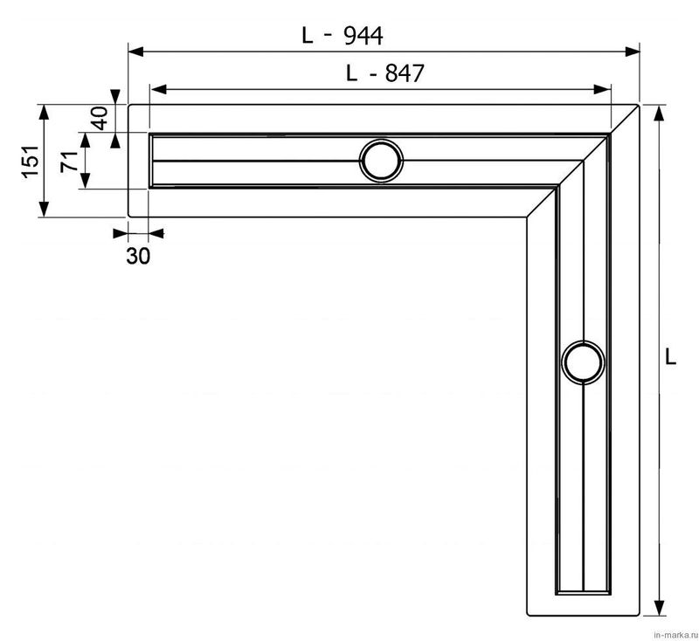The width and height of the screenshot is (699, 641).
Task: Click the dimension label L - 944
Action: coord(342,36)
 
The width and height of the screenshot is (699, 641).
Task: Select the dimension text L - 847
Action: coord(384,73)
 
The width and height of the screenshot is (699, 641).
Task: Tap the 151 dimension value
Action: coord(31,161)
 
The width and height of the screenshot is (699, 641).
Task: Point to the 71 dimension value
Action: coord(69,162)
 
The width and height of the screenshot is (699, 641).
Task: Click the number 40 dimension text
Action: coord(100,118)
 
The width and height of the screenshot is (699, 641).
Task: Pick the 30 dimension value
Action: coord(138,256)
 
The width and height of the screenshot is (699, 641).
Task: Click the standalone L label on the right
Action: coord(670,357)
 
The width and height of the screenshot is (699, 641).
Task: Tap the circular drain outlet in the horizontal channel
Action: coord(381,161)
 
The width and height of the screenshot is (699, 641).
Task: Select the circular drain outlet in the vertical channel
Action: coord(583,362)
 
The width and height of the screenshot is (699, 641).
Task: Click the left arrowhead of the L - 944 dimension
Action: coord(135,52)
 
